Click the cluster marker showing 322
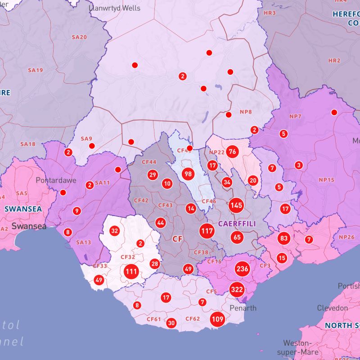point(237,289)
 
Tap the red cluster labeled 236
point(242,269)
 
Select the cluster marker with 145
point(236,205)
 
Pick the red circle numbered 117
point(207,231)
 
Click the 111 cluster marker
point(131,271)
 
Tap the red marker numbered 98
point(188,174)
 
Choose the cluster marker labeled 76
point(233,151)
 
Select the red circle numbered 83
point(283,238)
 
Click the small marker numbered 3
point(298,165)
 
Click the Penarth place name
point(243,308)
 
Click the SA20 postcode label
point(79,37)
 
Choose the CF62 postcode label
point(193,319)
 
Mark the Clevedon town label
point(332,308)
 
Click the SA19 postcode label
point(35,70)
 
